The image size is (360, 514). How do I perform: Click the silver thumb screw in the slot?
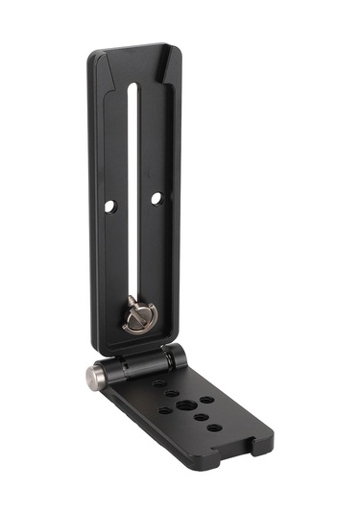(133, 315)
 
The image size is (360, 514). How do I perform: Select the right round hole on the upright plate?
(156, 198)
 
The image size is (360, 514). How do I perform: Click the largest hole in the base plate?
(206, 400)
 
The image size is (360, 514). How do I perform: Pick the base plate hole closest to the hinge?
(159, 383)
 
